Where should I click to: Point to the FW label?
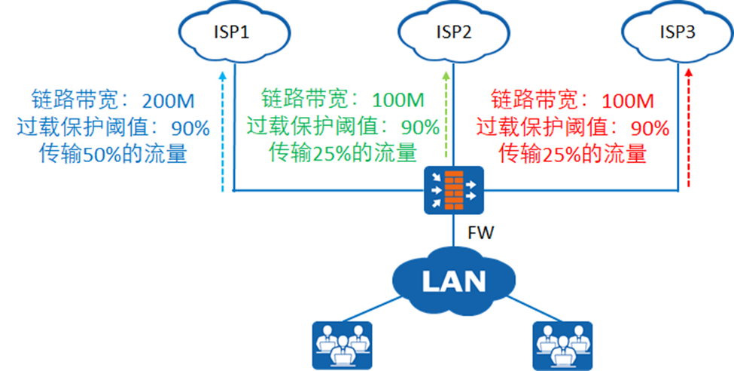point(480,233)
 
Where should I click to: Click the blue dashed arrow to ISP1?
point(224,132)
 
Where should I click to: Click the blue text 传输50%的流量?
point(114,155)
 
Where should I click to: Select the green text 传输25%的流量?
point(343,153)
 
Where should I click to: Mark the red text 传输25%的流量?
point(573,155)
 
